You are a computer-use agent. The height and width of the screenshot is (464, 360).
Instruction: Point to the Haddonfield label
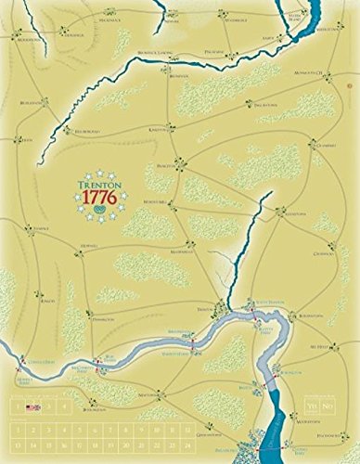coord(328,408)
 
